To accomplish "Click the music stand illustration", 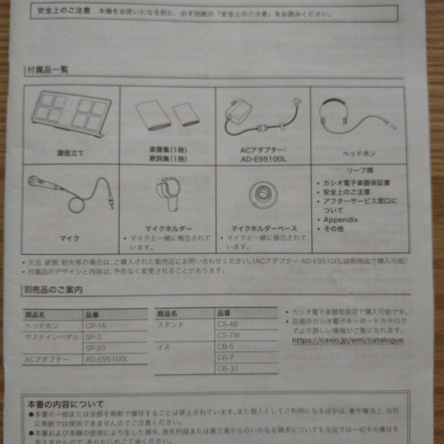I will (70, 113).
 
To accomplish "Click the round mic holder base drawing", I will (262, 194).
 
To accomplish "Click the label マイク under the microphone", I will (70, 238).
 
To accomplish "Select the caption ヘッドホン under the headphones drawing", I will (359, 153).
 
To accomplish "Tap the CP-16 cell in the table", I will (96, 326).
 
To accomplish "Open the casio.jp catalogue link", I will (347, 340).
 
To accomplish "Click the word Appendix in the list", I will (340, 220).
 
